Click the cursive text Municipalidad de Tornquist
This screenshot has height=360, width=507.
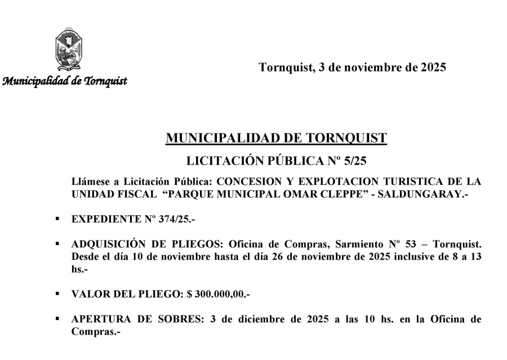point(65,80)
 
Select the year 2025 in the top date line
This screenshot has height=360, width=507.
point(434,68)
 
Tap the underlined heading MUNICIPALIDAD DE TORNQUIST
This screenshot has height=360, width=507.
point(277,138)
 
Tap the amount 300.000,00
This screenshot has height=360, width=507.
point(221,294)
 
